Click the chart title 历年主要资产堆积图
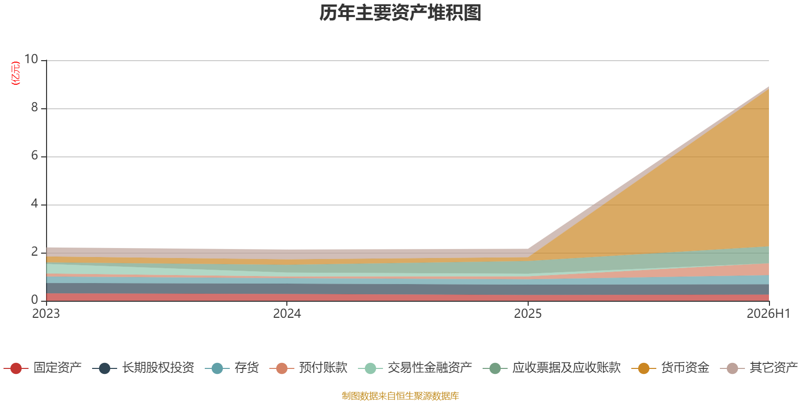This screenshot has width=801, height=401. [400, 13]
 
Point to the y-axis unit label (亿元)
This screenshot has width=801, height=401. [16, 73]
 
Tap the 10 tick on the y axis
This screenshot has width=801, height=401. [31, 59]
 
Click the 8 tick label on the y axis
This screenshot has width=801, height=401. [35, 107]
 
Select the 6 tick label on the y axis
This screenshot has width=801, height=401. [35, 155]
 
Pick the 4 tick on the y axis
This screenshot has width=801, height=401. [35, 204]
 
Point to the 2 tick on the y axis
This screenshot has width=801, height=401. [35, 252]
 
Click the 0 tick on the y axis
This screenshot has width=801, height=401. [35, 300]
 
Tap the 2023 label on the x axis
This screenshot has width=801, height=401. [46, 314]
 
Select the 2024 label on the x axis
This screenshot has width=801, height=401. [287, 314]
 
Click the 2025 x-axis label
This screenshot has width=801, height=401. [528, 314]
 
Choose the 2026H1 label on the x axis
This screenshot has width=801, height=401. [768, 314]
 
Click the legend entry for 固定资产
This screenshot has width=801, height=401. [43, 368]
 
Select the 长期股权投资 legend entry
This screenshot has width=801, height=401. [143, 368]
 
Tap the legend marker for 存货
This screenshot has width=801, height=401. [217, 368]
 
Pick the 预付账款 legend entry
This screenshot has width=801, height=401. [308, 368]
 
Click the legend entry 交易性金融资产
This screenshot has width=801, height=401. [415, 368]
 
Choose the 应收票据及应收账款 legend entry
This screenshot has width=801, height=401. [552, 368]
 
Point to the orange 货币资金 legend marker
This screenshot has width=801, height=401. [644, 368]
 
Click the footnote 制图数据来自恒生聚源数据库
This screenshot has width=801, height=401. [400, 395]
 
